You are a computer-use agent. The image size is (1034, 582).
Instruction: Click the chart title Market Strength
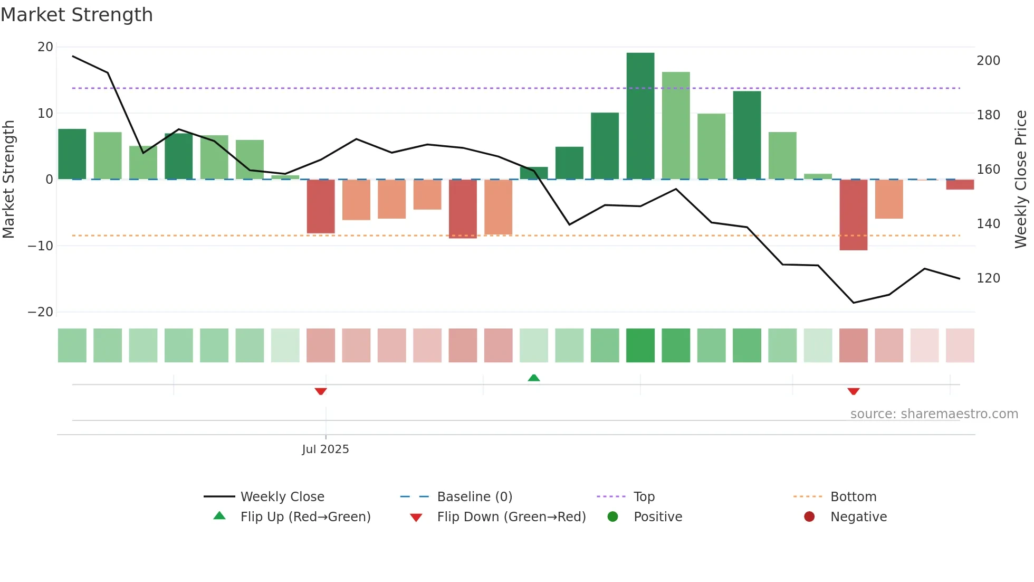pos(76,15)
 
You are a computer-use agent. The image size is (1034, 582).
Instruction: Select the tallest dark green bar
pos(640,116)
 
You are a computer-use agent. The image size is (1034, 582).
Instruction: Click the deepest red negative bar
pos(854,214)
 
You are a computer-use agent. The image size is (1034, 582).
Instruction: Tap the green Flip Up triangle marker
pos(534,378)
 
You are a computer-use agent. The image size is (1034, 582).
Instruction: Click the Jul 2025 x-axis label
pos(325,449)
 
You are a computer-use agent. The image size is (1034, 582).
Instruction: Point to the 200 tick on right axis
pos(988,61)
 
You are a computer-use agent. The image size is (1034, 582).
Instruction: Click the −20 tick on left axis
pos(41,312)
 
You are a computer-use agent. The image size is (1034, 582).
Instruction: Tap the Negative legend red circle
pos(809,517)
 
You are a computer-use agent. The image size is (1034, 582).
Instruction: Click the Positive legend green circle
pos(612,517)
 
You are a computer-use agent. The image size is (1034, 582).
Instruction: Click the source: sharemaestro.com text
pos(934,414)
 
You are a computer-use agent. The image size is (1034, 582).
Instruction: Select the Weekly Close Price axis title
pos(1021,179)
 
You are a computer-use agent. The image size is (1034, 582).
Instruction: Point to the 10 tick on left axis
pos(45,114)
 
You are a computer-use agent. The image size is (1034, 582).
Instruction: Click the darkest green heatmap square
pos(640,345)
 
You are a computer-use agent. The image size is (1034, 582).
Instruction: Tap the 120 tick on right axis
pos(988,278)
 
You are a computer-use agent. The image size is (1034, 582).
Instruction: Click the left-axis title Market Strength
pos(9,179)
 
